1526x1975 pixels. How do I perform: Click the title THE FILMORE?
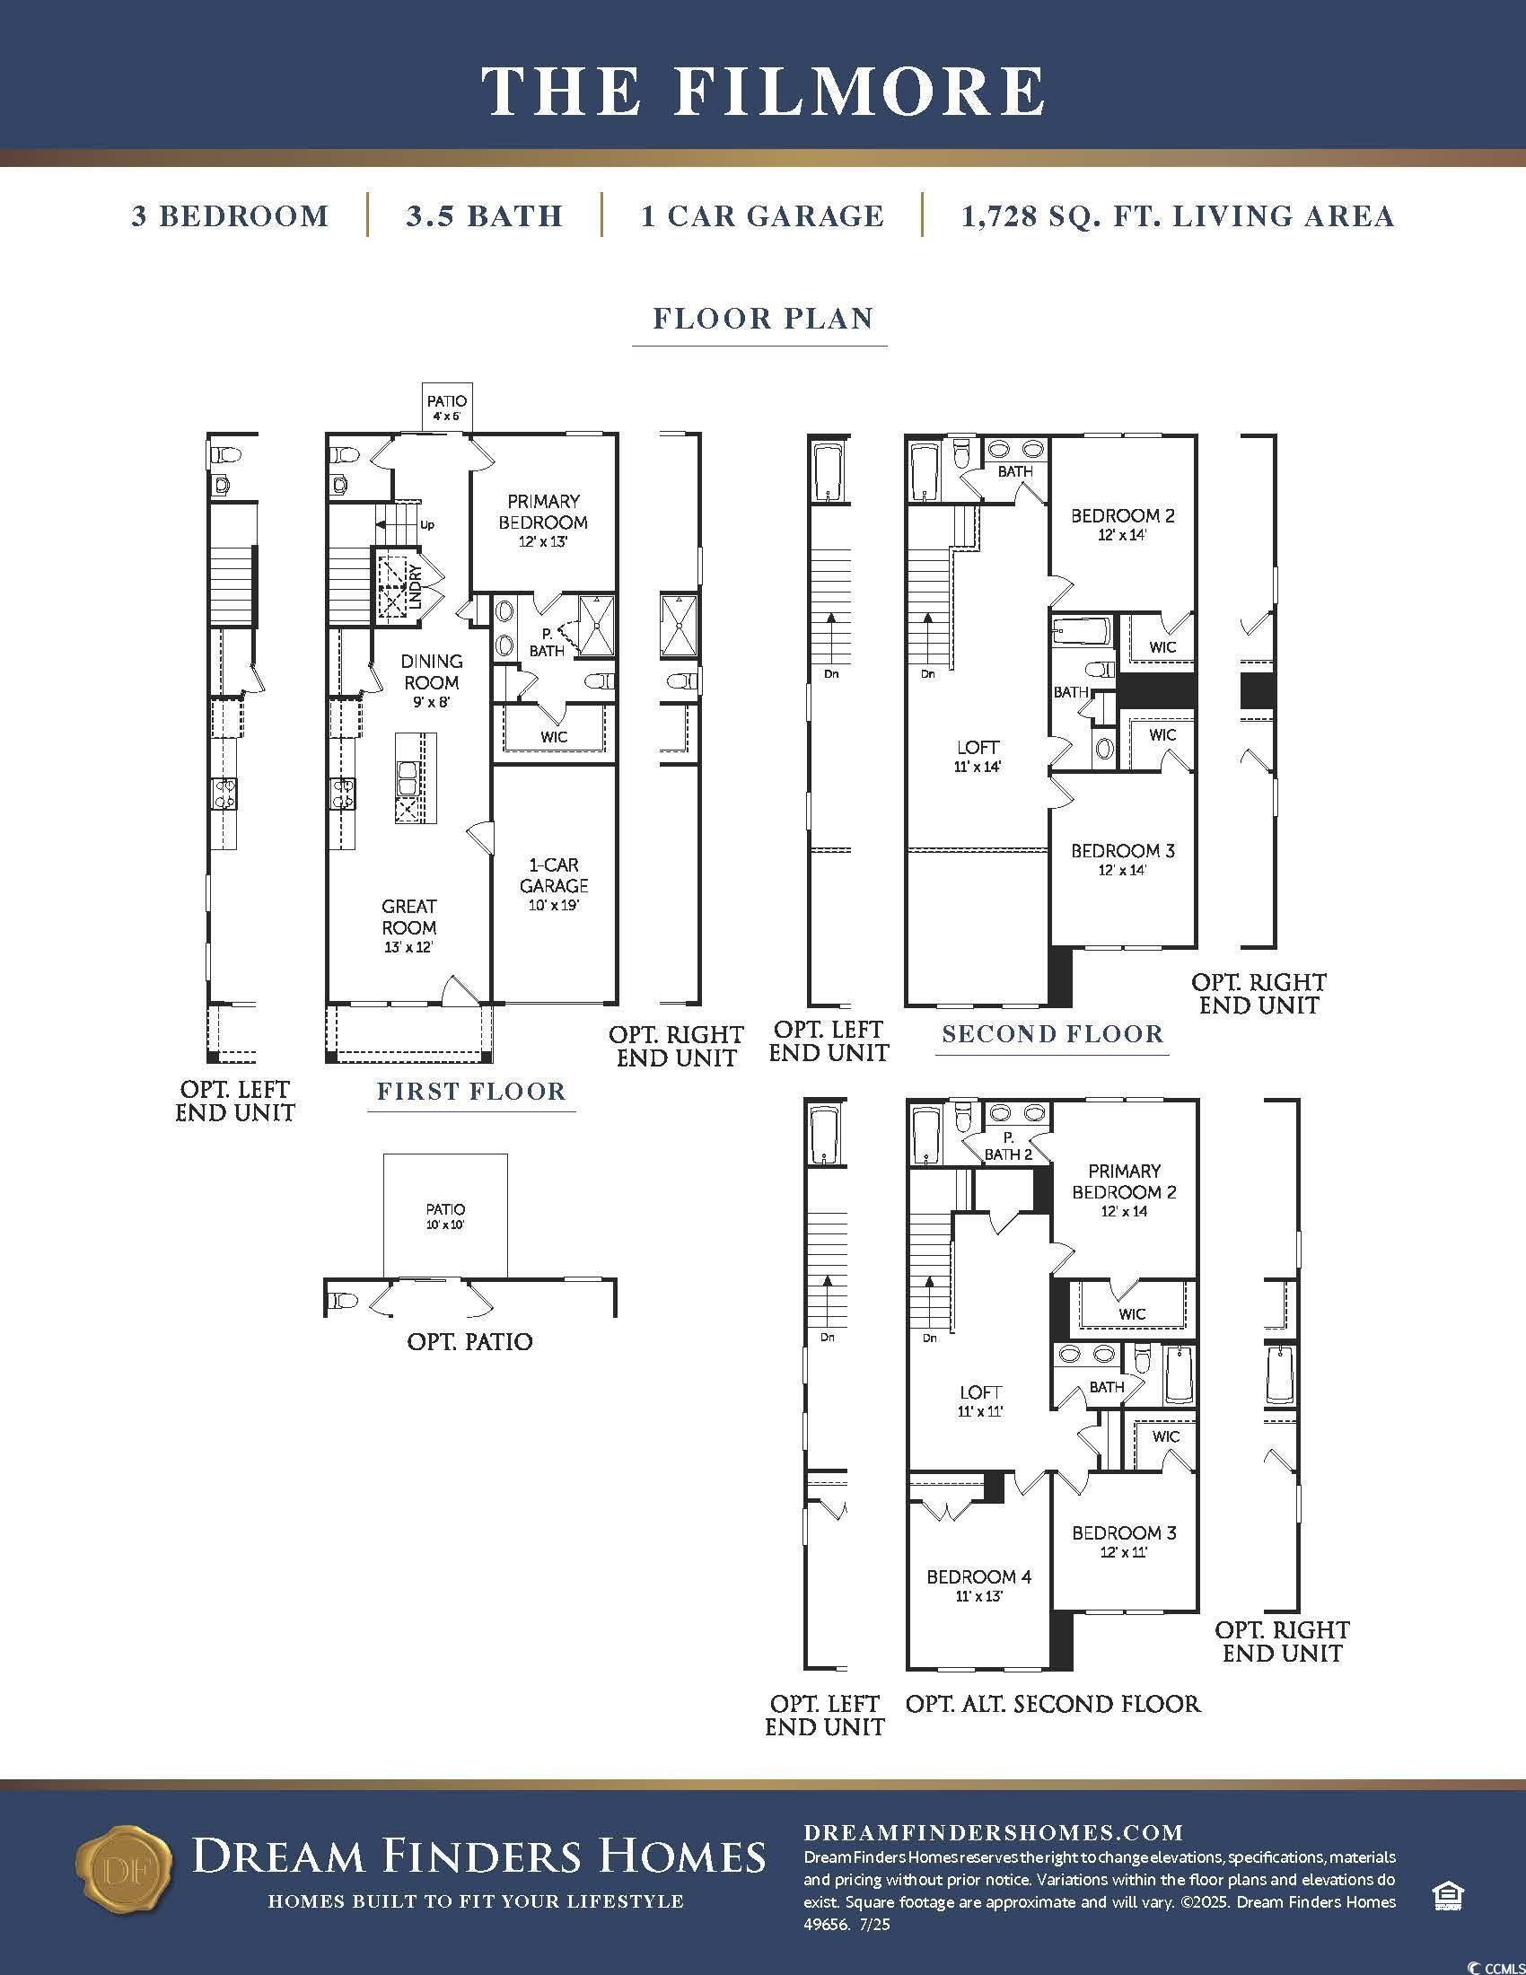(763, 91)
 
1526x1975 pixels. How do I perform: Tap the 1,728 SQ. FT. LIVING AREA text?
(1178, 216)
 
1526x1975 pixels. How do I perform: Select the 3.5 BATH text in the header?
(485, 216)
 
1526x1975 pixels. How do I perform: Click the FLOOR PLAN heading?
(763, 319)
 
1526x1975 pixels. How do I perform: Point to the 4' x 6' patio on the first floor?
(447, 408)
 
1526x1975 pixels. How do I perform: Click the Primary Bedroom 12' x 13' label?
(543, 521)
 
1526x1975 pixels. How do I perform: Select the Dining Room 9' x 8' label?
(432, 681)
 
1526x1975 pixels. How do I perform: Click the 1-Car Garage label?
(554, 884)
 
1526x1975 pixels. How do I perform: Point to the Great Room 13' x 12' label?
(409, 926)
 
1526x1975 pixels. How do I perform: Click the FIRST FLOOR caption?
(472, 1092)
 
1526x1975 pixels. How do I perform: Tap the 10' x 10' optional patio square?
(446, 1216)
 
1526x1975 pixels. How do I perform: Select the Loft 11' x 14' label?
(978, 756)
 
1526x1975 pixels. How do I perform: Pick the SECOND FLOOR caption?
(1053, 1033)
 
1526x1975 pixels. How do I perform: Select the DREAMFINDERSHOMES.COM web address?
(994, 1833)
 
